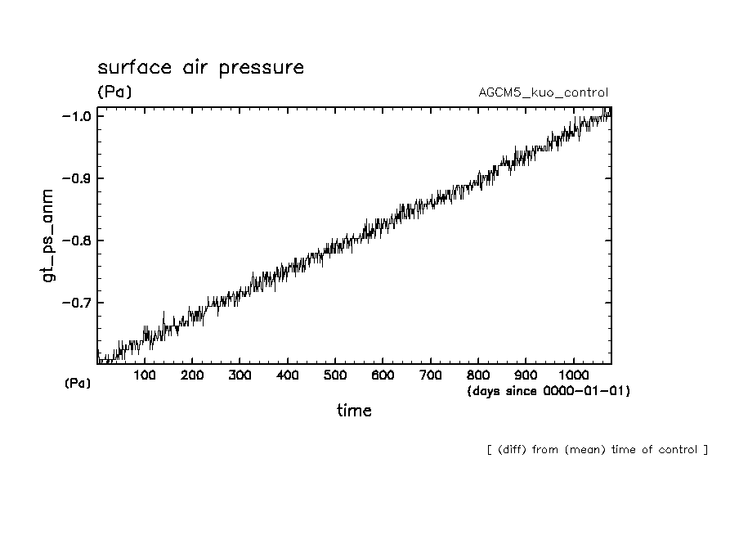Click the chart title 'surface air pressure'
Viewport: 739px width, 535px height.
[x=200, y=67]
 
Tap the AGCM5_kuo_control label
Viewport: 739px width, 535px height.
[x=543, y=92]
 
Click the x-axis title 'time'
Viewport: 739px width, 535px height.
[x=354, y=411]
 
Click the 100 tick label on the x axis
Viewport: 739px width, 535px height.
[x=145, y=375]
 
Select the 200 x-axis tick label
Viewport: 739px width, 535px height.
[x=192, y=375]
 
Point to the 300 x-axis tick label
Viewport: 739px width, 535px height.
[x=240, y=375]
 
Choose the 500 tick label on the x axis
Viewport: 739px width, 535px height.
[x=334, y=375]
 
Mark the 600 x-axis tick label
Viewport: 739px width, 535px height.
[x=382, y=375]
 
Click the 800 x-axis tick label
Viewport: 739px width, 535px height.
[x=477, y=375]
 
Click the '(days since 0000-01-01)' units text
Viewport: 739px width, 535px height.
[x=549, y=391]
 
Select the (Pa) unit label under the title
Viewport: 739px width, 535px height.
[x=114, y=92]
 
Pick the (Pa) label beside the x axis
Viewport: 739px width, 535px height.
[x=78, y=383]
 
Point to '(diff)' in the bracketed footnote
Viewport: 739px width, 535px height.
[x=513, y=449]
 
